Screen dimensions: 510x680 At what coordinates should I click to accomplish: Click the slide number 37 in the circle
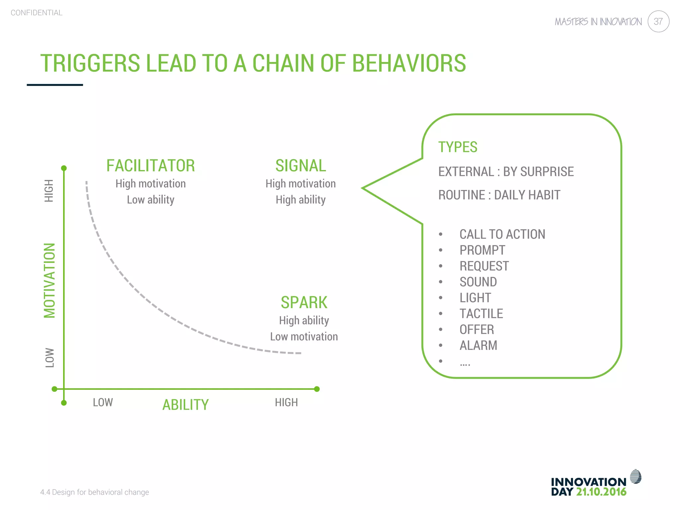(658, 22)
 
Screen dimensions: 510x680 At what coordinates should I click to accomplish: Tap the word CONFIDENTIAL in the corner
(37, 13)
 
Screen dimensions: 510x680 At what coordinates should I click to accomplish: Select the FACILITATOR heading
(150, 166)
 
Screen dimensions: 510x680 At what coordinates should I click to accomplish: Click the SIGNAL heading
(300, 166)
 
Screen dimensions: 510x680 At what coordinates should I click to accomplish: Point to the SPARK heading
(304, 302)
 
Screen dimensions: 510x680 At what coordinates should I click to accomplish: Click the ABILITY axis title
(185, 405)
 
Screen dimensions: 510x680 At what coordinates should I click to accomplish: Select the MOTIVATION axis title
(50, 281)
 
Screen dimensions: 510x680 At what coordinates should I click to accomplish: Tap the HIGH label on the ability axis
(286, 402)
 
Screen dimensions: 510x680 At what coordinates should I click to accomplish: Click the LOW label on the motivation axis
(49, 358)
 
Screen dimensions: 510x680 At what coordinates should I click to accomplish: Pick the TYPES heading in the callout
(458, 147)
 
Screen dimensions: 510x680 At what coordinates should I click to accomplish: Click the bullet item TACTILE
(481, 314)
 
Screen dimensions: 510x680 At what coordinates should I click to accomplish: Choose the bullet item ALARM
(478, 346)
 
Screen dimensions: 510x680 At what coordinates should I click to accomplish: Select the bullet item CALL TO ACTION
(502, 234)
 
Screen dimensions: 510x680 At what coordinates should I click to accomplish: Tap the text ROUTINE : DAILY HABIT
(499, 195)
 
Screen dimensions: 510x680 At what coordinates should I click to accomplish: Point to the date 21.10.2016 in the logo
(601, 492)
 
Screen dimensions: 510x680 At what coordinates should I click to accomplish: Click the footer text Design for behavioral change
(100, 492)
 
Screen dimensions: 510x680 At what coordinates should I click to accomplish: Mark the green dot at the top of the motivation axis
(64, 168)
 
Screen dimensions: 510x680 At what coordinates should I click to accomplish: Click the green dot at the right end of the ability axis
(317, 389)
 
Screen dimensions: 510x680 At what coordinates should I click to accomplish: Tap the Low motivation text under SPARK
(304, 337)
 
